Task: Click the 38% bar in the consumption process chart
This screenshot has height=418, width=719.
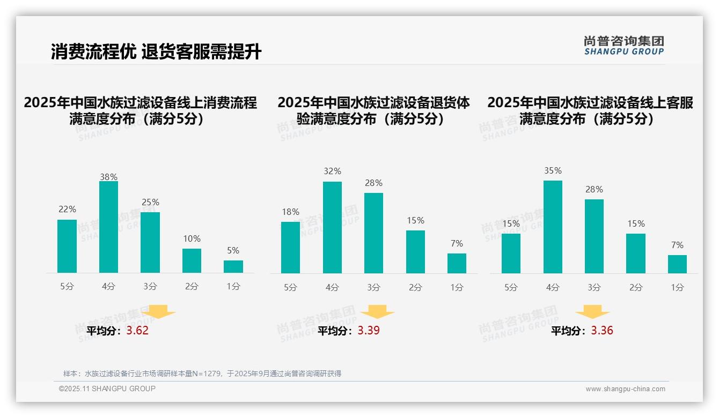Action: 108,227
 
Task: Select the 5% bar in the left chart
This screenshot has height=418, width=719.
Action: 233,266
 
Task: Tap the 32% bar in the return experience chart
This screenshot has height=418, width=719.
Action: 332,228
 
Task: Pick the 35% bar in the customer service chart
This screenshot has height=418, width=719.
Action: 553,227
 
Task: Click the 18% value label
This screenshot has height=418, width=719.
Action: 290,212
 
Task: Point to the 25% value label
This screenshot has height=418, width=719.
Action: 150,203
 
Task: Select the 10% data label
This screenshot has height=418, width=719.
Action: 192,239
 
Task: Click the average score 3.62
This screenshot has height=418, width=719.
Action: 137,331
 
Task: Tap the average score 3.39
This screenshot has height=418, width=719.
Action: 369,331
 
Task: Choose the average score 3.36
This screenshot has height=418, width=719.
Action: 602,331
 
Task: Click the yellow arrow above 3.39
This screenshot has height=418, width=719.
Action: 377,312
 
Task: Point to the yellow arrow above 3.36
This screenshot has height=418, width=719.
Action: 592,312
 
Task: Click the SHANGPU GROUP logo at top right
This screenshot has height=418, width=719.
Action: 623,46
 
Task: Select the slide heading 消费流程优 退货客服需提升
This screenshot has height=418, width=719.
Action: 156,52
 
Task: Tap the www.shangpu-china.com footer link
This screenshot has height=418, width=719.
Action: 625,389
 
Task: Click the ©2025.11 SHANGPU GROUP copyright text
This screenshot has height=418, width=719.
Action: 107,389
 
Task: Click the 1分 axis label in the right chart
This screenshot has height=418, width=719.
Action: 677,288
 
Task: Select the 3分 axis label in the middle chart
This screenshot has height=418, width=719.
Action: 373,288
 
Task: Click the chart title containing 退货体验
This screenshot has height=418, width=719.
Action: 373,110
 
